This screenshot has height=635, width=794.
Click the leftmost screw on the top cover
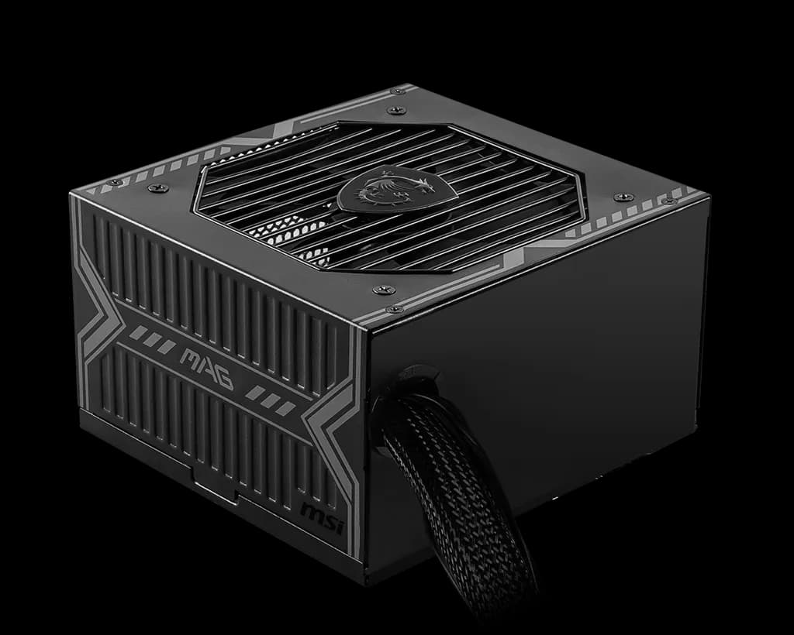click(115, 183)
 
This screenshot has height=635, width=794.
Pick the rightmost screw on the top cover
click(669, 201)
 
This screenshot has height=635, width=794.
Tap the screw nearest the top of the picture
click(399, 91)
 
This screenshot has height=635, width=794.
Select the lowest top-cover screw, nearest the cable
click(395, 309)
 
